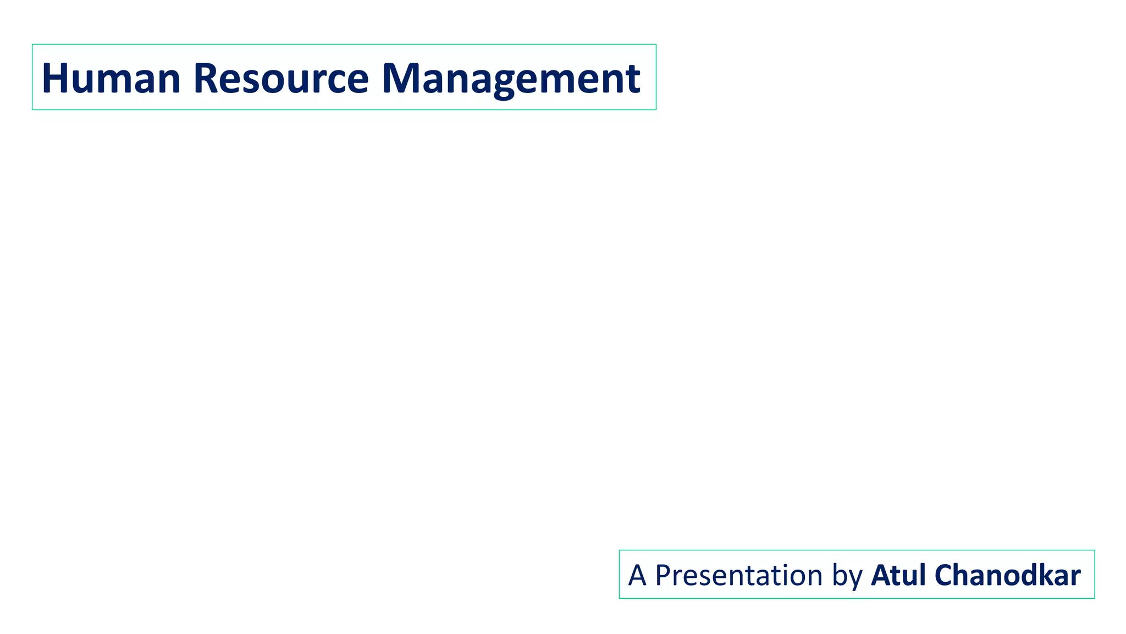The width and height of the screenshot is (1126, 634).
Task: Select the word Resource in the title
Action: pyautogui.click(x=281, y=78)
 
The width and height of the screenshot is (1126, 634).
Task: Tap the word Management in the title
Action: pyautogui.click(x=511, y=78)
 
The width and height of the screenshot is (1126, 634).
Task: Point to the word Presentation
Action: pyautogui.click(x=738, y=575)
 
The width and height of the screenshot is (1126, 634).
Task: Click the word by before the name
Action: pyautogui.click(x=847, y=576)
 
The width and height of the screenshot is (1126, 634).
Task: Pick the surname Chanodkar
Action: pyautogui.click(x=1007, y=575)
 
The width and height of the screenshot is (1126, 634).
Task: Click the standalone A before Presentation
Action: pyautogui.click(x=637, y=575)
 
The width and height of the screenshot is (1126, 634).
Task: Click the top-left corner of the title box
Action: pyautogui.click(x=32, y=45)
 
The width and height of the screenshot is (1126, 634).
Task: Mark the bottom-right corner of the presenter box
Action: pyautogui.click(x=1094, y=598)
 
